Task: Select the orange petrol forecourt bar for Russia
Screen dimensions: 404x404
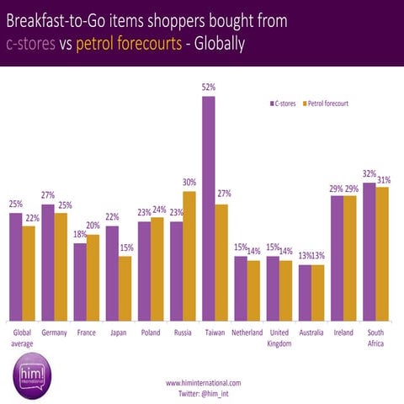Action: pyautogui.click(x=189, y=256)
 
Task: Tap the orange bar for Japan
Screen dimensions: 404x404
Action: pyautogui.click(x=125, y=288)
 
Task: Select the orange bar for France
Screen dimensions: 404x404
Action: pyautogui.click(x=93, y=277)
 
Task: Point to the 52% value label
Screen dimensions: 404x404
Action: pyautogui.click(x=208, y=86)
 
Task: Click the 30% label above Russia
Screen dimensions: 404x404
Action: pyautogui.click(x=189, y=182)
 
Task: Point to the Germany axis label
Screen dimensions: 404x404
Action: pyautogui.click(x=54, y=332)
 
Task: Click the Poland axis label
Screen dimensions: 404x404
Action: pyautogui.click(x=150, y=332)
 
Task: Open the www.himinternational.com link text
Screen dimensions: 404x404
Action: pyautogui.click(x=204, y=383)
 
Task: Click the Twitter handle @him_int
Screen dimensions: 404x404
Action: pyautogui.click(x=204, y=393)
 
